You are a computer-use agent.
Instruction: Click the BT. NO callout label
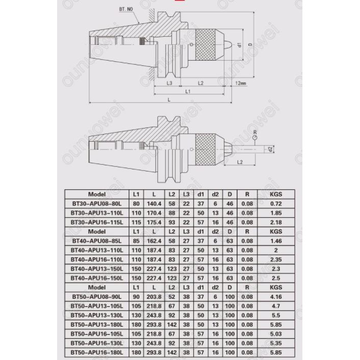126,9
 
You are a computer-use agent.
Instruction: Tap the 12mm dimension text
241,83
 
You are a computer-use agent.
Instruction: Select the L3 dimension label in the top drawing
169,83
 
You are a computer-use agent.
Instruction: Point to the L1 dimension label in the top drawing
188,92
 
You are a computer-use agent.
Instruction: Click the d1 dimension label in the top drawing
239,45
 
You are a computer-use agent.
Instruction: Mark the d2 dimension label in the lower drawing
270,149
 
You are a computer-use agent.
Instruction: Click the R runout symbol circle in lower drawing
255,138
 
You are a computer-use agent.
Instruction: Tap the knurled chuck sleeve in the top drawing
205,45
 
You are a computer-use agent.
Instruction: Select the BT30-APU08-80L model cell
97,203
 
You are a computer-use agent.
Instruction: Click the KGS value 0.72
276,203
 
